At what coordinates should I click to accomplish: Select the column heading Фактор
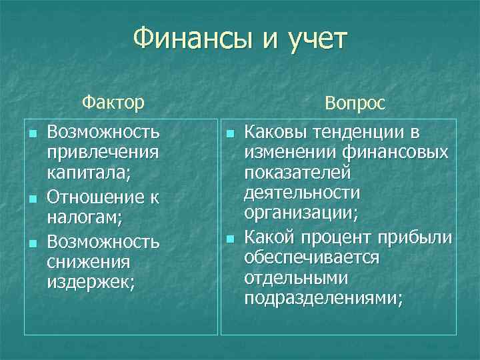tap(113, 103)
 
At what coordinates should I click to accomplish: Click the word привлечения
tap(103, 153)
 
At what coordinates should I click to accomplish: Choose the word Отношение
tap(93, 197)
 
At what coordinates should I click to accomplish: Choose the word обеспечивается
tap(312, 259)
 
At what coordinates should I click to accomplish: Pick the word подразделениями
tap(323, 301)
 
